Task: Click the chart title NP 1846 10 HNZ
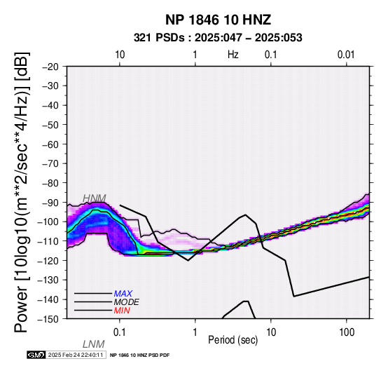point(218,20)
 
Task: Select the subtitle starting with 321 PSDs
point(218,38)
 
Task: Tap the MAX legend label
point(123,294)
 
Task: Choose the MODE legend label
point(127,302)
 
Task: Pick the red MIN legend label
point(122,311)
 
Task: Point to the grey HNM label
point(95,198)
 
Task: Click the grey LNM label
point(94,344)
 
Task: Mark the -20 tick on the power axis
point(50,67)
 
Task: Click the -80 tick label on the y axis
point(50,183)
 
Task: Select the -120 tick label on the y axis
point(48,260)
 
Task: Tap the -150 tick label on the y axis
point(48,319)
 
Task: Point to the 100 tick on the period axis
point(347,332)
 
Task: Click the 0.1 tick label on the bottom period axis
point(120,332)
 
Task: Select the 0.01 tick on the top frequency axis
point(346,55)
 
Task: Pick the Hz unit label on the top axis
point(233,55)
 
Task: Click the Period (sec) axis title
point(233,340)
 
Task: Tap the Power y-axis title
point(21,192)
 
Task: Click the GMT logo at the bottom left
point(36,355)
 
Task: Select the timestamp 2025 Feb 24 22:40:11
point(76,355)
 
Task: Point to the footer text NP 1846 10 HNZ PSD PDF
point(140,355)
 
